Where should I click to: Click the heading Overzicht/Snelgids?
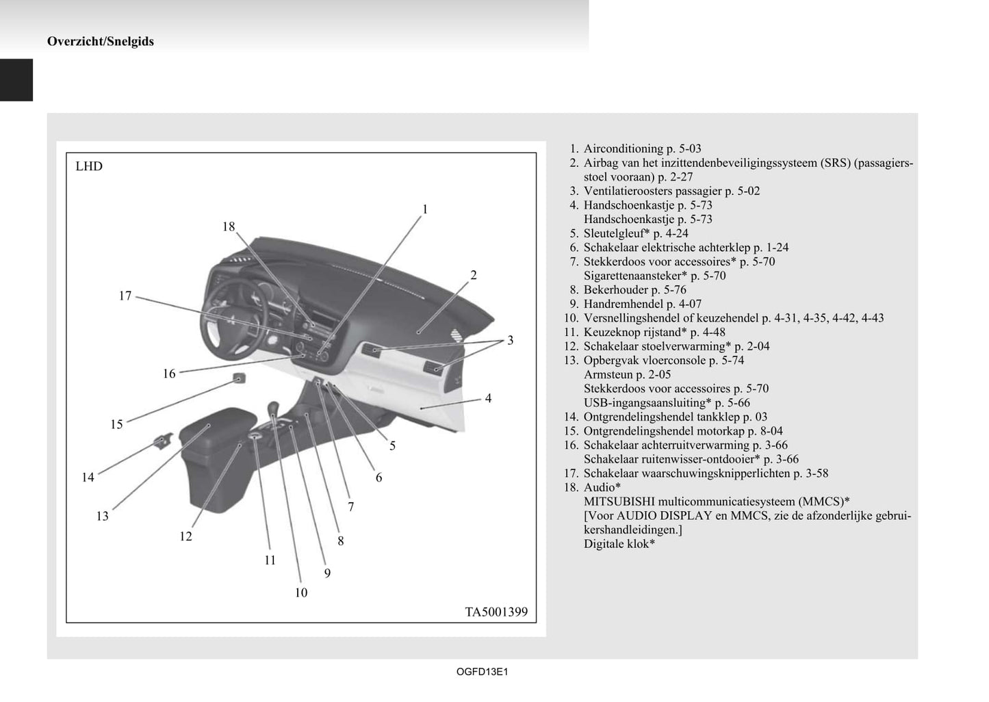tap(100, 42)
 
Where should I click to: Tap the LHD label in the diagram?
tap(89, 166)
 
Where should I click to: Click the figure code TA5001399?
tap(496, 612)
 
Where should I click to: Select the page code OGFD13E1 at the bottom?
tap(482, 671)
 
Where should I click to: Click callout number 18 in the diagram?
tap(229, 226)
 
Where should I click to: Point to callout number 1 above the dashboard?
tap(425, 209)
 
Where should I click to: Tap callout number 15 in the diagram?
tap(116, 424)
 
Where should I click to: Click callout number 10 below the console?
tap(301, 593)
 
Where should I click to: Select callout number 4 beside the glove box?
tap(488, 398)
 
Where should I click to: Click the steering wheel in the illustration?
tap(234, 319)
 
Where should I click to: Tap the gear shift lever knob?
tap(273, 406)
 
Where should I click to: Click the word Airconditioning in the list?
tap(624, 148)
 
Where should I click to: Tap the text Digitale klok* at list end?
tap(619, 543)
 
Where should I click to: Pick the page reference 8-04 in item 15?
tap(771, 431)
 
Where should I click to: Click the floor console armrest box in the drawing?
tap(216, 459)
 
